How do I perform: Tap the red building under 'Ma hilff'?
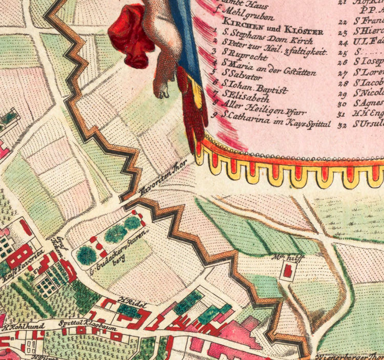(288, 271)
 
